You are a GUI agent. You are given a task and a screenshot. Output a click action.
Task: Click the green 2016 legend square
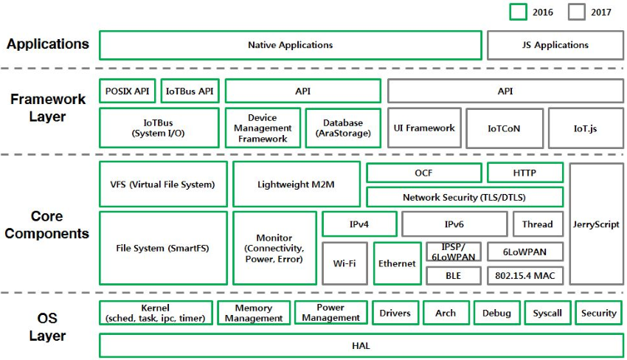(x=519, y=12)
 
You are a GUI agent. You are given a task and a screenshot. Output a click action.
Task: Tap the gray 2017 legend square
(x=577, y=12)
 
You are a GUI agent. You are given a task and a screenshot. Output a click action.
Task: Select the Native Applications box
(x=290, y=45)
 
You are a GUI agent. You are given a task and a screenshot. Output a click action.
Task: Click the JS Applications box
(x=555, y=45)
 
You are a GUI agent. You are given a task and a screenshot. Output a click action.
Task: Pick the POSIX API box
(x=127, y=91)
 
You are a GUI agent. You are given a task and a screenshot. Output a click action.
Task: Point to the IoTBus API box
(x=190, y=91)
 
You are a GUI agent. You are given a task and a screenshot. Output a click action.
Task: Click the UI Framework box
(x=424, y=128)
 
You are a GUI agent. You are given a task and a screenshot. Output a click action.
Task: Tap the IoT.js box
(x=585, y=128)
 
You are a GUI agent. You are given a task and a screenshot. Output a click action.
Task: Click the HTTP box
(x=524, y=173)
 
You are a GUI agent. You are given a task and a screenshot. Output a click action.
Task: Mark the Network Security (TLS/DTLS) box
(x=464, y=197)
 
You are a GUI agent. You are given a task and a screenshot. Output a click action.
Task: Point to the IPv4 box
(x=359, y=224)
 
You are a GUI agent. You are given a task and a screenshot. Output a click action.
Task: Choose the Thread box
(x=537, y=224)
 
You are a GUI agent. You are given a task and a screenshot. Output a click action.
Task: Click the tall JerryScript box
(x=597, y=224)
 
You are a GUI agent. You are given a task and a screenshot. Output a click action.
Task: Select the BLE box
(x=453, y=275)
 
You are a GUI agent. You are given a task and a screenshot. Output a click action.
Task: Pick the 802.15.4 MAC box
(x=525, y=275)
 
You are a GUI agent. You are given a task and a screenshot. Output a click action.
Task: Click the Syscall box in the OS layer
(x=547, y=313)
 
